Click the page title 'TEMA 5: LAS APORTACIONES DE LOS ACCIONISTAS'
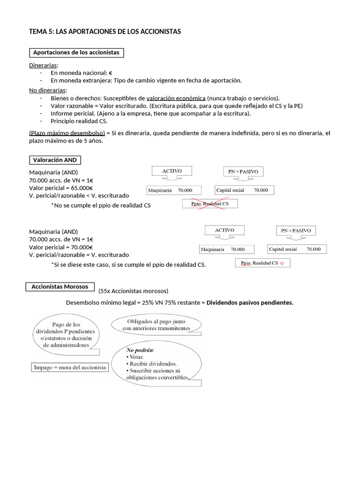tap(105, 31)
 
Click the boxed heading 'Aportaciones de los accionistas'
tap(76, 52)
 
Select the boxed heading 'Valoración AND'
tap(54, 160)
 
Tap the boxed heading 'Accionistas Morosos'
tap(60, 286)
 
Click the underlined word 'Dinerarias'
tap(44, 65)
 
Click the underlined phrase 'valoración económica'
tap(176, 98)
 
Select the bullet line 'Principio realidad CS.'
tap(79, 120)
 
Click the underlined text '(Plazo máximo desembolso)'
tap(67, 133)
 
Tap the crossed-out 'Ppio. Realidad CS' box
tap(210, 204)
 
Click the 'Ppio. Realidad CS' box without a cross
tap(262, 263)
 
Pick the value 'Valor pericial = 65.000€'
tap(61, 187)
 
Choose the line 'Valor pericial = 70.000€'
tap(61, 247)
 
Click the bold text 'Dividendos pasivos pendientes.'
tap(250, 302)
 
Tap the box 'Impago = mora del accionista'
tap(70, 367)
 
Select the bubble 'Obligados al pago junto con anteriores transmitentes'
tap(156, 325)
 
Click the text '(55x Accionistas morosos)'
tap(133, 291)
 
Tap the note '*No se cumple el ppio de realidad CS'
tap(101, 205)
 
